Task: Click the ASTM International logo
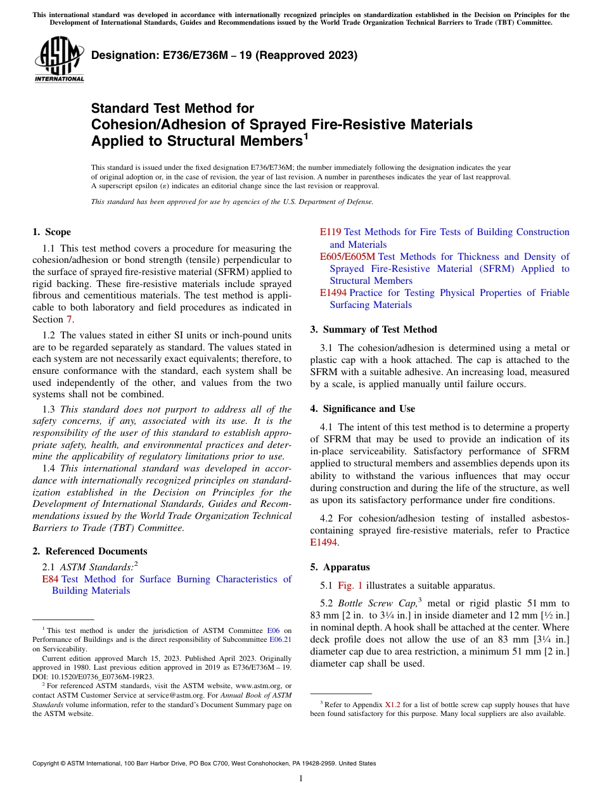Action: (x=59, y=59)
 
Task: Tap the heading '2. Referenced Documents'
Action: (x=89, y=551)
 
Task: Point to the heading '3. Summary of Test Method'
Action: (x=373, y=329)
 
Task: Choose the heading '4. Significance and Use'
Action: (x=362, y=409)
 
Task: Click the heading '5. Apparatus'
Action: (x=340, y=567)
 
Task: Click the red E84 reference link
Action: (x=50, y=579)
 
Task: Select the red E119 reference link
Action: (x=330, y=233)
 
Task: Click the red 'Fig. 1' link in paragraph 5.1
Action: (x=350, y=585)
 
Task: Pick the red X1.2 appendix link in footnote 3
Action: (x=393, y=704)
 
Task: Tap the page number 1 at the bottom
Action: (x=301, y=779)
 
